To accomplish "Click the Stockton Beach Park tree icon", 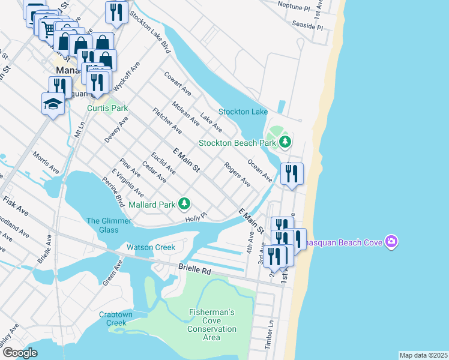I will tap(285, 143).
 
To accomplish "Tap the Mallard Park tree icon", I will tap(185, 205).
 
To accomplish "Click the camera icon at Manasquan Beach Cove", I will tap(392, 241).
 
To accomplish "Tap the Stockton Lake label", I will tap(243, 112).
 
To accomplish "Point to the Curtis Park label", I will tap(107, 109).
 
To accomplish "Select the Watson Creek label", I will tap(151, 247).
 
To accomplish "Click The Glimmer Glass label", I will tap(109, 226).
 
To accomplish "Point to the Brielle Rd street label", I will tap(195, 271).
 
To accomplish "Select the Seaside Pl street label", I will tap(307, 28).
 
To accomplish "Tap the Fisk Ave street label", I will tap(16, 205).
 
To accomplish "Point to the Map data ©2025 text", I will tap(423, 355).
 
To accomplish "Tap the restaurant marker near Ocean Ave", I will tap(292, 175).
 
